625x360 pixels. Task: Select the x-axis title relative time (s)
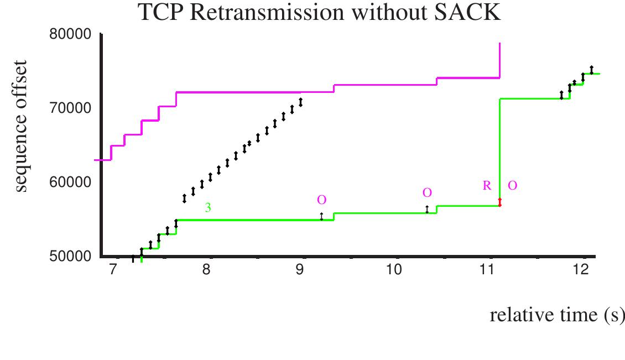point(556,315)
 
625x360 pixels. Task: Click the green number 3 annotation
point(208,208)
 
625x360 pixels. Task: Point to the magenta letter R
point(487,186)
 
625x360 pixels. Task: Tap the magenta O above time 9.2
point(321,200)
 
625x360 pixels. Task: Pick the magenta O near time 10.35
point(426,192)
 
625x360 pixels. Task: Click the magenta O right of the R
point(512,186)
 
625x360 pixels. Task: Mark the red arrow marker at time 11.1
point(499,202)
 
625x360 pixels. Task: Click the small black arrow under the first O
point(321,216)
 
